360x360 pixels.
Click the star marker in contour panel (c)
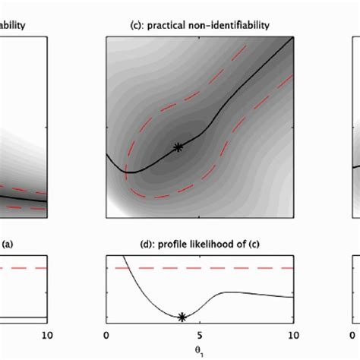[x=178, y=147]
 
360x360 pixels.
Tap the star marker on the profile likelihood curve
[x=182, y=317]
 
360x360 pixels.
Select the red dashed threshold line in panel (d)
[x=228, y=268]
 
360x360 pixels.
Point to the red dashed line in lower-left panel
[x=23, y=268]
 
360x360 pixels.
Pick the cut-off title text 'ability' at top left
[x=14, y=25]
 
